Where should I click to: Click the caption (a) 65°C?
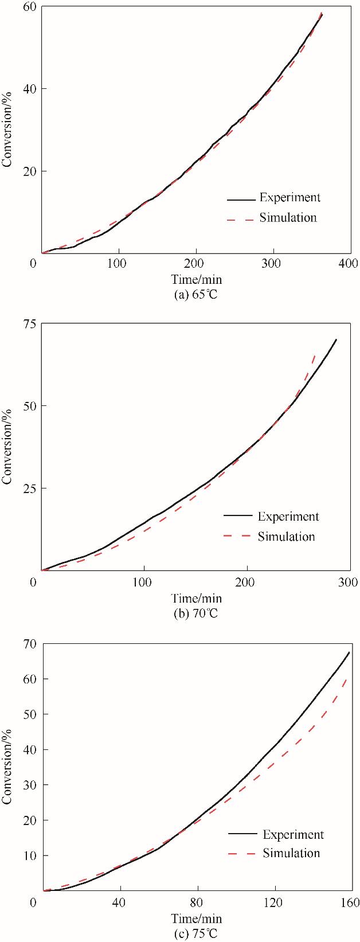coord(196,296)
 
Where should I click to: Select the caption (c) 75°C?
coord(196,933)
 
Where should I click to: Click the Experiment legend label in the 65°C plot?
coord(289,198)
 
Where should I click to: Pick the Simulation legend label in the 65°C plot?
coord(288,217)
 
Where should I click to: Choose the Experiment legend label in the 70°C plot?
coord(288,517)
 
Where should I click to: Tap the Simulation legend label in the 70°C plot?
coord(286,537)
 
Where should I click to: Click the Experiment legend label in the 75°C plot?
coord(293,835)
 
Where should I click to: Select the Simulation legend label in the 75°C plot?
coord(291,853)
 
